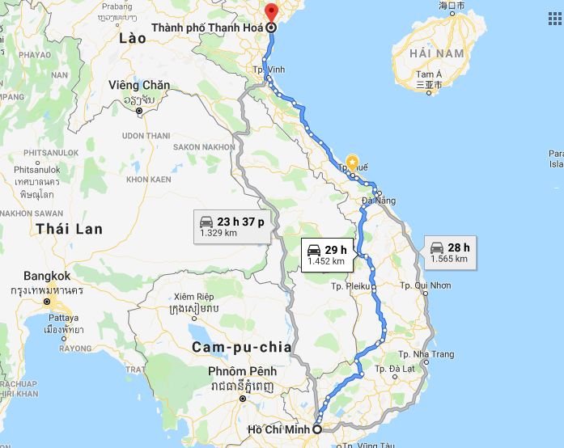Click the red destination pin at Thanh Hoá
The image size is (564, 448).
[x=271, y=12]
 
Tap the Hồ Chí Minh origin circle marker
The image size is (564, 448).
[x=318, y=429]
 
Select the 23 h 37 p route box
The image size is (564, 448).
[x=230, y=226]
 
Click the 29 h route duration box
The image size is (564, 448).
[x=325, y=255]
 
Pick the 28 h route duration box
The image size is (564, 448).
[x=450, y=252]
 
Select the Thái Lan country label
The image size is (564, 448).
[x=70, y=229]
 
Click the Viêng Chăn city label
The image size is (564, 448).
[x=139, y=85]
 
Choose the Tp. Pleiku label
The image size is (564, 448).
[x=350, y=286]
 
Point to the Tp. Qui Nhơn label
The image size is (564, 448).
[x=426, y=286]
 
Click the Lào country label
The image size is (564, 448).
[x=132, y=38]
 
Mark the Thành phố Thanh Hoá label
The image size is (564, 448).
[x=207, y=27]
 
